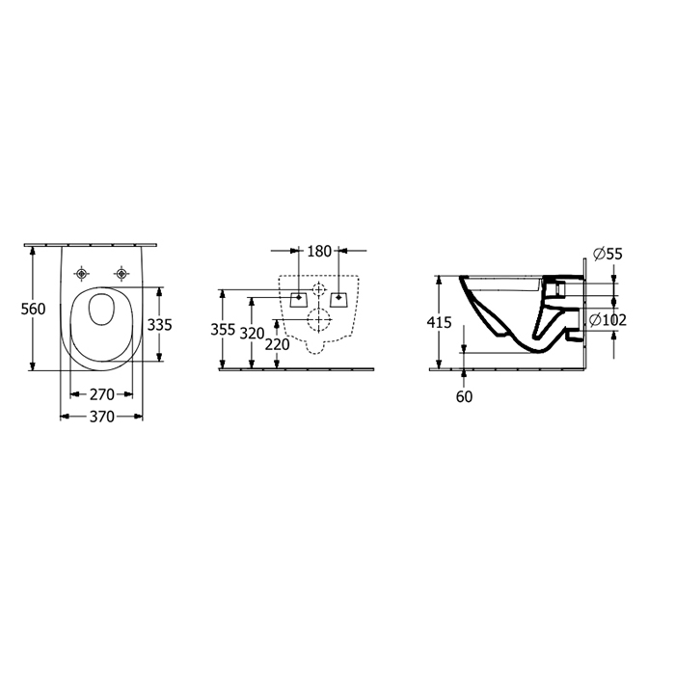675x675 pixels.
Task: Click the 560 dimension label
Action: [x=33, y=310]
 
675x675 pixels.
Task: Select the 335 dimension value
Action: [x=160, y=325]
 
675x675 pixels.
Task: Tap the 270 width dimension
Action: [x=102, y=394]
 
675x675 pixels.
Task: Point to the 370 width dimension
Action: [x=102, y=417]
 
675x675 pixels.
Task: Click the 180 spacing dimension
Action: [x=319, y=251]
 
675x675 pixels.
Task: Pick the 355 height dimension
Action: [x=223, y=330]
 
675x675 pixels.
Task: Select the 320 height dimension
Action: [x=252, y=334]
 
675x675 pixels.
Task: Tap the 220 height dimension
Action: [x=278, y=344]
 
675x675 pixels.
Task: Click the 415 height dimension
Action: [x=440, y=322]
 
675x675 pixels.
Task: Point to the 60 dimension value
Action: [x=464, y=397]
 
